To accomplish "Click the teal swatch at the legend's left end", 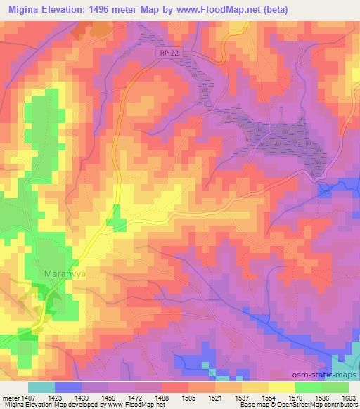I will pos(41,387).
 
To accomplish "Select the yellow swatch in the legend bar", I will pos(281,387).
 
